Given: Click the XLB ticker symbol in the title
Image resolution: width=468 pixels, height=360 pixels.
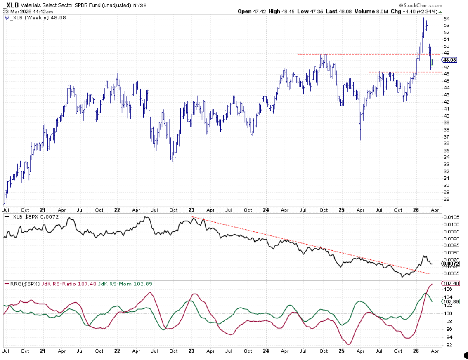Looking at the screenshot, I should tap(13, 6).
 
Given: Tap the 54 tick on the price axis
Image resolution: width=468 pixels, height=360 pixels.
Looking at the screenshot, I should tap(447, 19).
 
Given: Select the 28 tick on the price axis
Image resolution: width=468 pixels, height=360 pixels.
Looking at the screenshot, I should tap(447, 199).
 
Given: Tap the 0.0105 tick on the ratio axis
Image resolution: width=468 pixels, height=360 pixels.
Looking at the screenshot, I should tap(451, 217).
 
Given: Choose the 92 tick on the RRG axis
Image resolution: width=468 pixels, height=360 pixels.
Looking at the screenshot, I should tap(447, 345).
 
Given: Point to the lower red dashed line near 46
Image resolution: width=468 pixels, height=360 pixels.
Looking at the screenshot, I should tap(392, 72).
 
